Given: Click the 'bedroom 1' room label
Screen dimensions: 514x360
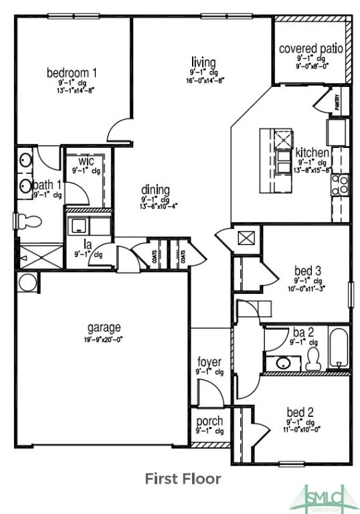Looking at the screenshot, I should coord(72,72).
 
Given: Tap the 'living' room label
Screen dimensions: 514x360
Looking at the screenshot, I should coord(203,62).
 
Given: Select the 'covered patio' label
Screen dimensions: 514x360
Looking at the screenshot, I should coord(311,49).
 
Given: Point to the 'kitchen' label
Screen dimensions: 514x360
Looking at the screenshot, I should coord(312,153).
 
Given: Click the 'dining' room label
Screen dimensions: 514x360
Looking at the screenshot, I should coord(155,189).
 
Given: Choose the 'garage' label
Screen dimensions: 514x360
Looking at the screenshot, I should coord(104,327).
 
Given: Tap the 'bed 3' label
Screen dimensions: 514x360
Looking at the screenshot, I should coord(308,270).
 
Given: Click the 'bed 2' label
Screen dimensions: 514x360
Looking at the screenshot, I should coord(300,412).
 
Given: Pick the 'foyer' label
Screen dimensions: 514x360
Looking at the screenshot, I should coord(209,362).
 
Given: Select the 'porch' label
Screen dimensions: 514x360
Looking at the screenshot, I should coord(209,422).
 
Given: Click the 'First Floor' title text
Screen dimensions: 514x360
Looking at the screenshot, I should coord(183,479).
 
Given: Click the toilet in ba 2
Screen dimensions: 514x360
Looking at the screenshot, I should coord(312,360).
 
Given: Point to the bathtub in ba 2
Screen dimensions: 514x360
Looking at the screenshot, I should coord(339,348).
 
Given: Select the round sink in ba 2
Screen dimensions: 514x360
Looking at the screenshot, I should coord(282,363).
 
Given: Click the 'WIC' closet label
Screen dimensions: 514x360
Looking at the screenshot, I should coord(86,161).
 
